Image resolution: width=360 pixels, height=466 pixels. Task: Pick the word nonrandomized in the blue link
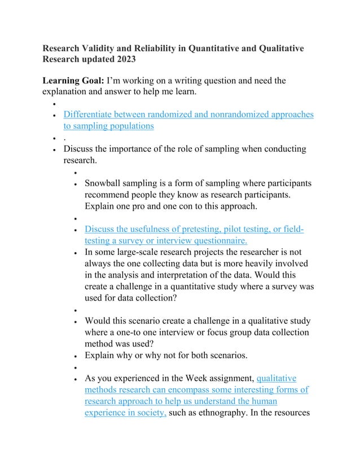pos(227,115)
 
